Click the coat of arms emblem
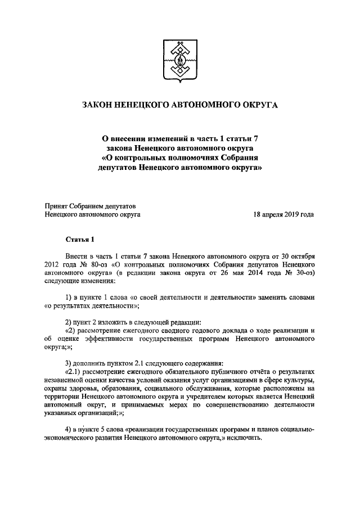tap(179, 61)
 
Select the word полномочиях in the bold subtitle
tap(186, 157)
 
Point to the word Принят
tap(57, 205)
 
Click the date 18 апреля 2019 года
tap(283, 214)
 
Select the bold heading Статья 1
tap(80, 240)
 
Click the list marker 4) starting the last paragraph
tap(69, 429)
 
